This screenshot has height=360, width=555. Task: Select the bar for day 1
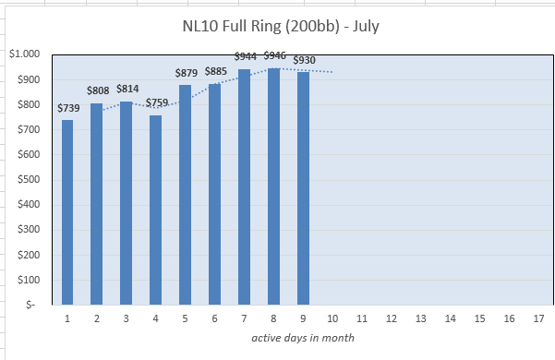pyautogui.click(x=67, y=212)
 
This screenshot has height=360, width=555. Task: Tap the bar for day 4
pyautogui.click(x=156, y=210)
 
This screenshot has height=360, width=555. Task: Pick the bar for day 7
pyautogui.click(x=244, y=187)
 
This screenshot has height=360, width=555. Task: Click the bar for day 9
pyautogui.click(x=303, y=188)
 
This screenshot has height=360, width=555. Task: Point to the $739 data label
pyautogui.click(x=68, y=108)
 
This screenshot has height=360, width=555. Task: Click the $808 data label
pyautogui.click(x=98, y=90)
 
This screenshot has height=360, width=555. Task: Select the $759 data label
pyautogui.click(x=157, y=102)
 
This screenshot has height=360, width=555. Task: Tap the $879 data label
pyautogui.click(x=187, y=73)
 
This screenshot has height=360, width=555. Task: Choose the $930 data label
pyautogui.click(x=305, y=60)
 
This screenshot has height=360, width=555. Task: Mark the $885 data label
pyautogui.click(x=216, y=71)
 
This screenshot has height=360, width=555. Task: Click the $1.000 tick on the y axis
pyautogui.click(x=24, y=54)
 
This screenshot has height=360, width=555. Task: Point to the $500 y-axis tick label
pyautogui.click(x=29, y=179)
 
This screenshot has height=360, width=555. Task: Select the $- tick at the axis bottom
pyautogui.click(x=30, y=305)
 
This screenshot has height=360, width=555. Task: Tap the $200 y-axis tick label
pyautogui.click(x=29, y=255)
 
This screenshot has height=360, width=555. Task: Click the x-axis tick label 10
pyautogui.click(x=332, y=318)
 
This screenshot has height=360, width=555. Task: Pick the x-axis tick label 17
pyautogui.click(x=538, y=318)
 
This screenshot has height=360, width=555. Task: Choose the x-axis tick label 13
pyautogui.click(x=420, y=318)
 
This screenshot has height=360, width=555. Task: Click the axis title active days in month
pyautogui.click(x=303, y=338)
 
